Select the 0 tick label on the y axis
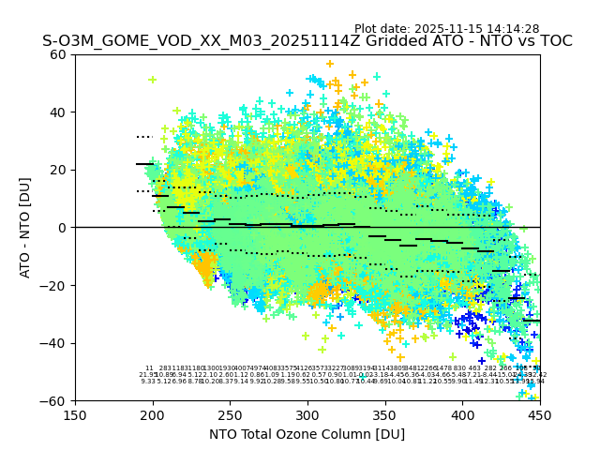coord(64,228)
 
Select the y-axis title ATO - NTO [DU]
coord(25,228)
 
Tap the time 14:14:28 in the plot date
coord(513,29)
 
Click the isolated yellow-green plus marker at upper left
coord(152,80)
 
